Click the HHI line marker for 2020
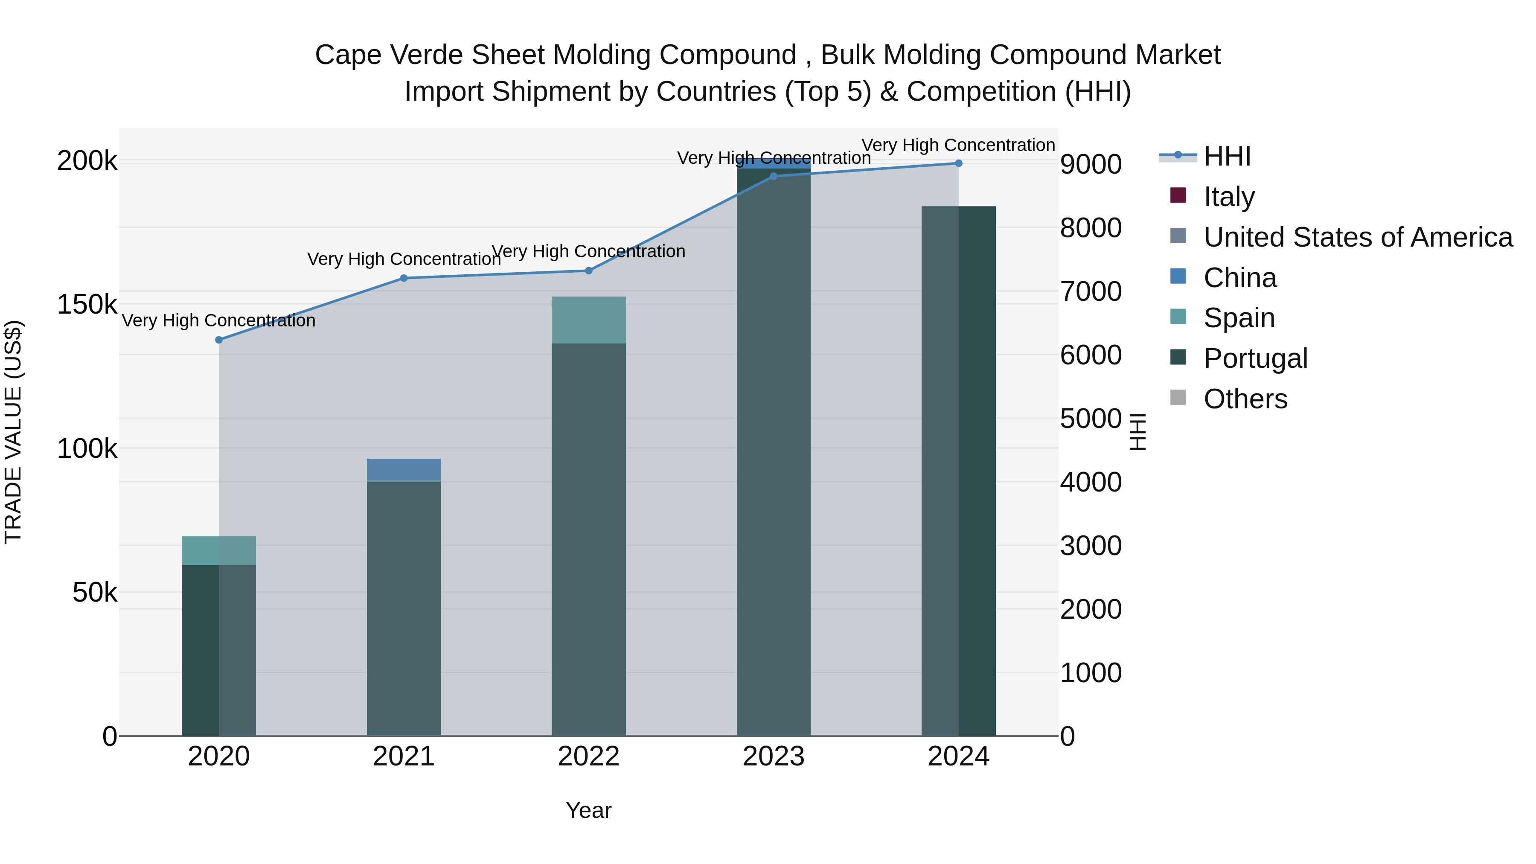[219, 340]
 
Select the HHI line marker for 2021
[404, 278]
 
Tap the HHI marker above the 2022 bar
[588, 271]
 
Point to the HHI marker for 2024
[958, 163]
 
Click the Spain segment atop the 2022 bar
[588, 320]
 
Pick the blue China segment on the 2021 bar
[404, 469]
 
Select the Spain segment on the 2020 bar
[219, 550]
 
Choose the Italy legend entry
[1228, 197]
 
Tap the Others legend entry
[1245, 399]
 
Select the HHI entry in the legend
[1227, 156]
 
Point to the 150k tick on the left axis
[87, 305]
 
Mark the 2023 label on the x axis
[774, 756]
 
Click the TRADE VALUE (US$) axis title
[13, 432]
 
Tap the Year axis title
[588, 810]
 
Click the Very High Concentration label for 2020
[219, 321]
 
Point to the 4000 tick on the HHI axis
[1091, 483]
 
